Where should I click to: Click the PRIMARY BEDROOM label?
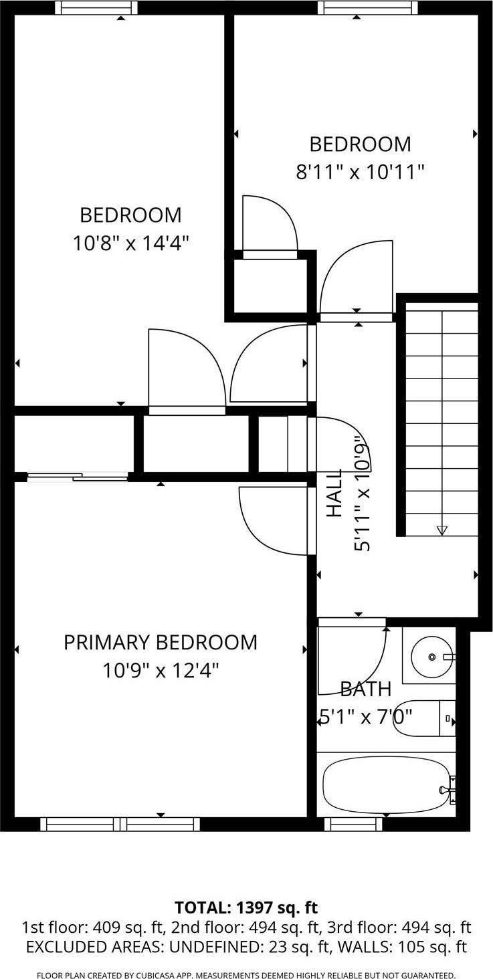(x=160, y=642)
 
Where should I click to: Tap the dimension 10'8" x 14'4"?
(x=130, y=243)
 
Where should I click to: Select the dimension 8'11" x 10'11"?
(x=360, y=172)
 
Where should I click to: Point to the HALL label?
(x=334, y=493)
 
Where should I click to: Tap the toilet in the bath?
(x=425, y=719)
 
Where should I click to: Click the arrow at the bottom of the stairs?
(x=441, y=530)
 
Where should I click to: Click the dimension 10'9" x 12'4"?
(x=161, y=670)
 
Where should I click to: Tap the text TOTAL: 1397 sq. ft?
(x=246, y=907)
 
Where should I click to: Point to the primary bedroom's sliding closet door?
(x=77, y=477)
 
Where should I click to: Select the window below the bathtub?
(x=354, y=824)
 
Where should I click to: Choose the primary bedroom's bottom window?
(x=120, y=824)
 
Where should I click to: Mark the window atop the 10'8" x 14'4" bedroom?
(x=96, y=8)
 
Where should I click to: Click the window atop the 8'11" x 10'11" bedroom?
(x=367, y=8)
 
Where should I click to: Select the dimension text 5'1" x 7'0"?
(x=365, y=717)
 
